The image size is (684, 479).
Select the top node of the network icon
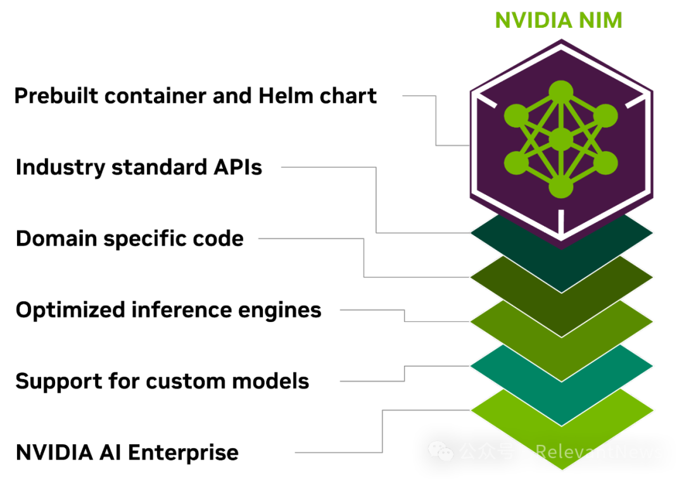(x=561, y=91)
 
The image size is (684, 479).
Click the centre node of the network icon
(x=561, y=139)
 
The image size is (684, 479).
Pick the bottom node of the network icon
(x=561, y=187)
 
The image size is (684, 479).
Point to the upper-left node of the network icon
(x=516, y=116)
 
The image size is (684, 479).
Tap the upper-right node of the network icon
(x=606, y=116)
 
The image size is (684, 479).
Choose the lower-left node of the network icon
(x=516, y=163)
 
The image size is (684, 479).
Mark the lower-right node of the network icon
(x=606, y=163)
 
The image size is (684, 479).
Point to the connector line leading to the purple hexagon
(x=436, y=120)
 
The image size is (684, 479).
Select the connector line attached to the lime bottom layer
(x=383, y=430)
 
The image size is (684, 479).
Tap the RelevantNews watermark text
(x=598, y=452)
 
